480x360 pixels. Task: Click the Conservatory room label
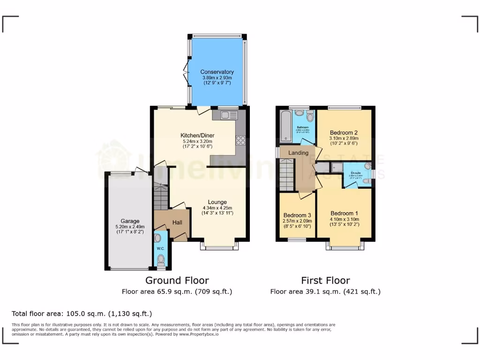click(x=217, y=72)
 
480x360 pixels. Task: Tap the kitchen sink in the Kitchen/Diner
click(x=228, y=114)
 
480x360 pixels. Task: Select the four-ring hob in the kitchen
click(x=241, y=140)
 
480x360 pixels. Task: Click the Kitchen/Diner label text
click(x=197, y=135)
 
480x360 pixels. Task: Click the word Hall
click(x=177, y=223)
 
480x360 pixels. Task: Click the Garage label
click(x=130, y=221)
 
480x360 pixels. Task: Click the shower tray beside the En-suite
click(x=336, y=167)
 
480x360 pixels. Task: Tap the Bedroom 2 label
click(x=344, y=132)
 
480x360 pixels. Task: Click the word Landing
click(x=298, y=153)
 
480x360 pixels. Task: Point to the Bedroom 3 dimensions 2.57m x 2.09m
click(x=297, y=221)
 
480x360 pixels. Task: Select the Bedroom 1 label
click(x=344, y=212)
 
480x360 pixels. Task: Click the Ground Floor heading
click(x=177, y=280)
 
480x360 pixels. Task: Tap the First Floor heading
click(x=325, y=280)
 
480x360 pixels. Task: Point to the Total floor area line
click(x=82, y=314)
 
